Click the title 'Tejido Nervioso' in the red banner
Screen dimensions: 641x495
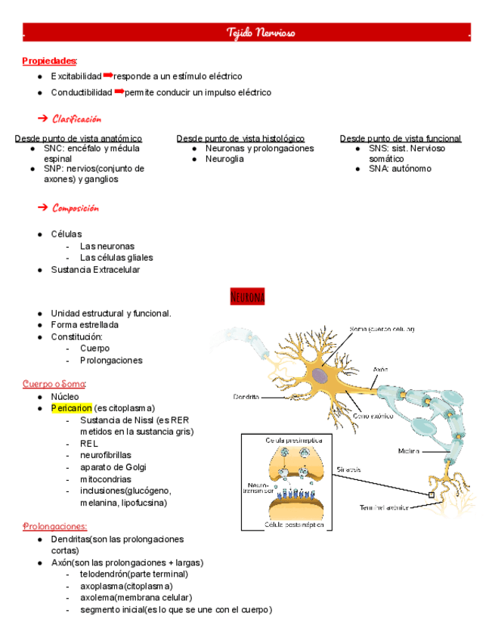tap(261, 33)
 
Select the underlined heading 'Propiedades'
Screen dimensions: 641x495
tap(49, 60)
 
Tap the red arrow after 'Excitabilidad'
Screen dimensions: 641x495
tap(107, 76)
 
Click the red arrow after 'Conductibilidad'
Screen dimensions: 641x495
tap(119, 91)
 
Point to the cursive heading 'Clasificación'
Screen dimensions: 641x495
tap(76, 119)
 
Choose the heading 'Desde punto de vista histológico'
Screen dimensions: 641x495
tap(240, 138)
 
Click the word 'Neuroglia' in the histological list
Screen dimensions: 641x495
tap(224, 159)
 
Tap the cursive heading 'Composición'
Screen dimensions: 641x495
tap(76, 208)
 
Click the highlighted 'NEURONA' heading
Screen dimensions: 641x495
tap(247, 297)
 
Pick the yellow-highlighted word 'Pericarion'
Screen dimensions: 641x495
tap(71, 408)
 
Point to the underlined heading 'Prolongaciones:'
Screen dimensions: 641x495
tap(54, 526)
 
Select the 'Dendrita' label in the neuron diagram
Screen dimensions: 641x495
tap(246, 395)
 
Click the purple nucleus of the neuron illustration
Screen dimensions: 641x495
tap(320, 376)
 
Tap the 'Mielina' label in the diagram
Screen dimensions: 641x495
tap(410, 451)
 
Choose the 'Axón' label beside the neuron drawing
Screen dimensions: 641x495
tap(380, 370)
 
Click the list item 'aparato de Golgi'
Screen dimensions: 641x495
tap(113, 467)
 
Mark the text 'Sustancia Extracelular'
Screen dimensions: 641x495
tap(95, 270)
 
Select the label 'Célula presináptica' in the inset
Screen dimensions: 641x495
tap(293, 439)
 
